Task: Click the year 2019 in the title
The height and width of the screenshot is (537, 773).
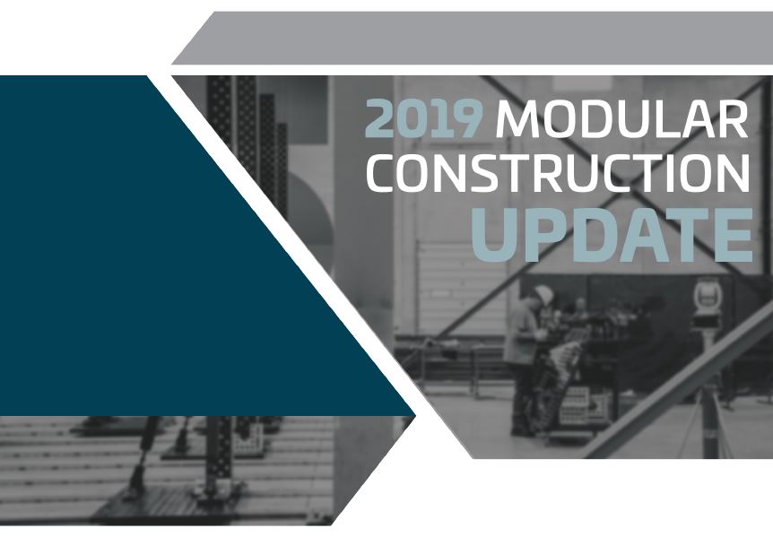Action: tap(423, 118)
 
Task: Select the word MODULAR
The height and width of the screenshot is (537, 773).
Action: tap(622, 118)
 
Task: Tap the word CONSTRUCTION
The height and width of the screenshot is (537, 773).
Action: tap(558, 173)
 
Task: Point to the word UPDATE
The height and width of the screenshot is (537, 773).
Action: tap(612, 235)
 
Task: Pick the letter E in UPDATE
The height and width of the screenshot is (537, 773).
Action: tap(733, 235)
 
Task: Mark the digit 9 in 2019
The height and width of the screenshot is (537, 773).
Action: tap(466, 118)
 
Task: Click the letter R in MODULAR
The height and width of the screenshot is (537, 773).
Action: tap(734, 118)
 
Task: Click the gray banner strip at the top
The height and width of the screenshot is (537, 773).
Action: tap(472, 38)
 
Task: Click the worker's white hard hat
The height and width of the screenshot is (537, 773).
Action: tap(543, 296)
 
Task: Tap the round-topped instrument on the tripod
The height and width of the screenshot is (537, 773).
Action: tap(707, 297)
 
